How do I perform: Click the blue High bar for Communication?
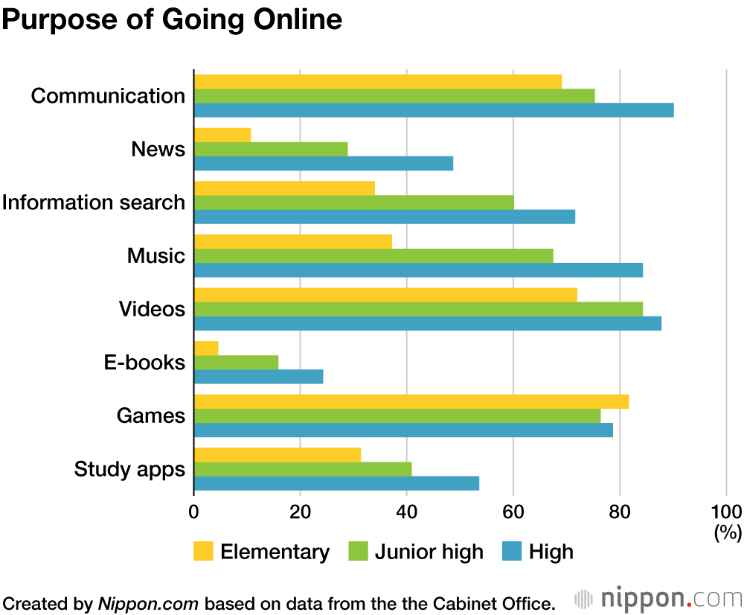434,110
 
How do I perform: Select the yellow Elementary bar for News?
222,135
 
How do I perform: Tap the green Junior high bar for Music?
373,255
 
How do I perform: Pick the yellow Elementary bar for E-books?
206,348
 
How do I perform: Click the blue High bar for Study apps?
336,483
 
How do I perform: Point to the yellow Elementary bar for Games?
411,401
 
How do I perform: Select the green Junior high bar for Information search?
353,203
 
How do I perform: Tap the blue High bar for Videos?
428,323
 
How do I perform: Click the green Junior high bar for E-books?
236,362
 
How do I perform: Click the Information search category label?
94,203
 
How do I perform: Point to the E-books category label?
144,363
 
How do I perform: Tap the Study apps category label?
129,470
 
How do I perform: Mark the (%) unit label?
728,532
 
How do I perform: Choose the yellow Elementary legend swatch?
202,552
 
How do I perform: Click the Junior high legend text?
429,552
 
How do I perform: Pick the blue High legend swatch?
511,552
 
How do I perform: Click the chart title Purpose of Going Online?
172,19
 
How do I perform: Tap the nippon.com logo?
658,599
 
